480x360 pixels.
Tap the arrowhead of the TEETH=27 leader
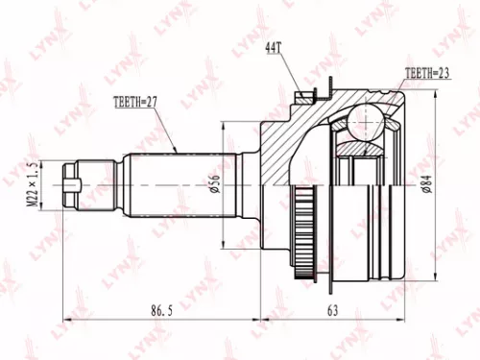[179, 150]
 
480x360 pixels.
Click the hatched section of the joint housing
[288, 144]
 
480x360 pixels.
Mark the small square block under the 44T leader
[307, 95]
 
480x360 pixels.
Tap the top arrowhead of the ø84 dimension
[439, 98]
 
